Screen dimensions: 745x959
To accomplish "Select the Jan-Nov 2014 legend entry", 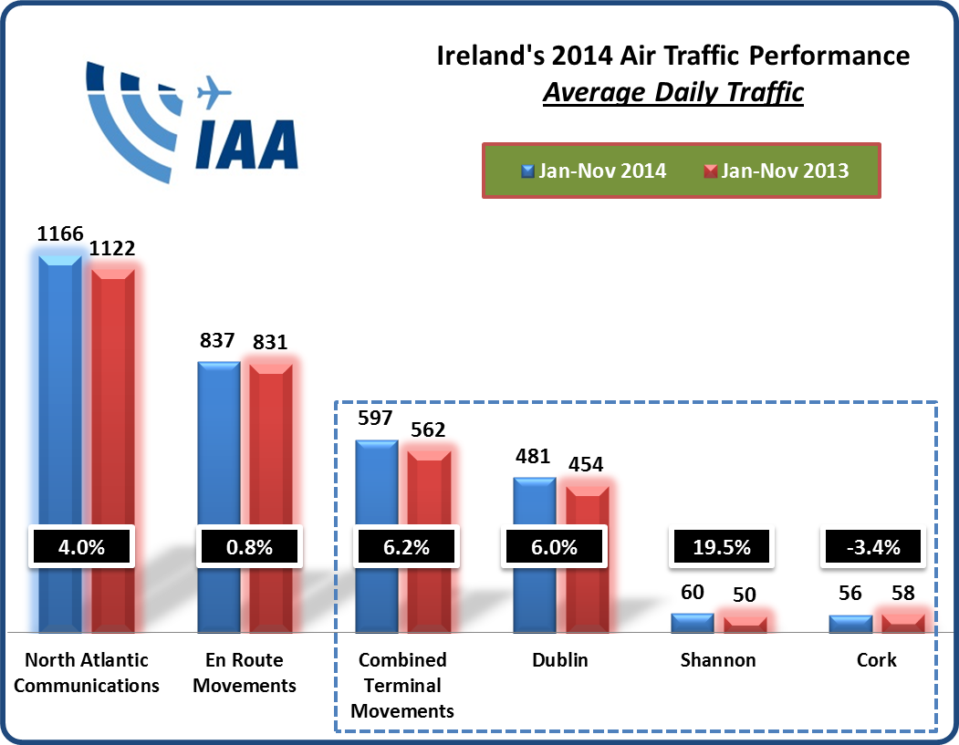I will pyautogui.click(x=592, y=171).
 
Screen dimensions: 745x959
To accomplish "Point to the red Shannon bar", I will pyautogui.click(x=745, y=625).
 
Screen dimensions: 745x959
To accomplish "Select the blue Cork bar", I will pyautogui.click(x=850, y=624).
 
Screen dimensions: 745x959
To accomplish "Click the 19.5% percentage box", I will pyautogui.click(x=722, y=548).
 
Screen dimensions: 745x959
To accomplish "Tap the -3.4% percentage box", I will pyautogui.click(x=873, y=548).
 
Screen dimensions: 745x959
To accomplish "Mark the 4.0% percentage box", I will pyautogui.click(x=81, y=548).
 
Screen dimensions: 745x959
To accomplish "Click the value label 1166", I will pyautogui.click(x=60, y=234).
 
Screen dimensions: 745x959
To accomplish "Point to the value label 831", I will pyautogui.click(x=270, y=343).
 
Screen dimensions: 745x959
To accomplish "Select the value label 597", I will pyautogui.click(x=376, y=420).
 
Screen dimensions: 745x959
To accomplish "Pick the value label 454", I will pyautogui.click(x=585, y=465).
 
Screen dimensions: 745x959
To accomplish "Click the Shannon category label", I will pyautogui.click(x=718, y=660).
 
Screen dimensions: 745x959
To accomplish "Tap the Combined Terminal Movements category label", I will pyautogui.click(x=402, y=685).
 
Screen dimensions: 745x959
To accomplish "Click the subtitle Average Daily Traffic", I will pyautogui.click(x=672, y=93).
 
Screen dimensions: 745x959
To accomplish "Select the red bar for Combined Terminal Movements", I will pyautogui.click(x=429, y=538).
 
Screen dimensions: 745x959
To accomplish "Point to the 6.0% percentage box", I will pyautogui.click(x=554, y=548).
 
